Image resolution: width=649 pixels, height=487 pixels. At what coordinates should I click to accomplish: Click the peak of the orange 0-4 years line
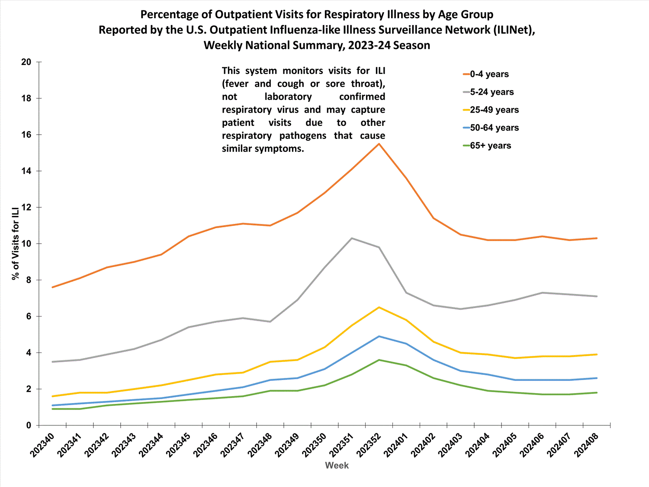(x=379, y=144)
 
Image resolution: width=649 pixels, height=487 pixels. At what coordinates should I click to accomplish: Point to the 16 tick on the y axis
(x=26, y=135)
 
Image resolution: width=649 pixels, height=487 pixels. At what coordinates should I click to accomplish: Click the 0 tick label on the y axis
(x=29, y=426)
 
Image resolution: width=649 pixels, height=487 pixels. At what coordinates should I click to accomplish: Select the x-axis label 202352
(x=368, y=445)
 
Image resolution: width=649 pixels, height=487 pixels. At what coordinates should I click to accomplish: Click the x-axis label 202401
(x=395, y=445)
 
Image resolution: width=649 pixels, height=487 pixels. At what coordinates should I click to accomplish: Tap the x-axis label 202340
(x=42, y=445)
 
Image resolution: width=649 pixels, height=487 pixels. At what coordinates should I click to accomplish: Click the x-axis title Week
(x=337, y=465)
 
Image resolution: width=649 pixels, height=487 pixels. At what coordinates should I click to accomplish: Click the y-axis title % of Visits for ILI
(x=16, y=243)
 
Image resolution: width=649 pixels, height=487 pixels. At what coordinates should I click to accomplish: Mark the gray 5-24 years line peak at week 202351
(x=352, y=238)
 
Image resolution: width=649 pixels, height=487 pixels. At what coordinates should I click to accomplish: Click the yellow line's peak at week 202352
(x=379, y=307)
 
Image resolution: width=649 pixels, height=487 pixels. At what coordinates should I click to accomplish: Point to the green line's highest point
(x=379, y=360)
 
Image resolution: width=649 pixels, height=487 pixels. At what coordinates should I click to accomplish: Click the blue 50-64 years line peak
(x=379, y=336)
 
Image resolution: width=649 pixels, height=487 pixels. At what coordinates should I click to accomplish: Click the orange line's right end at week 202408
(x=597, y=238)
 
